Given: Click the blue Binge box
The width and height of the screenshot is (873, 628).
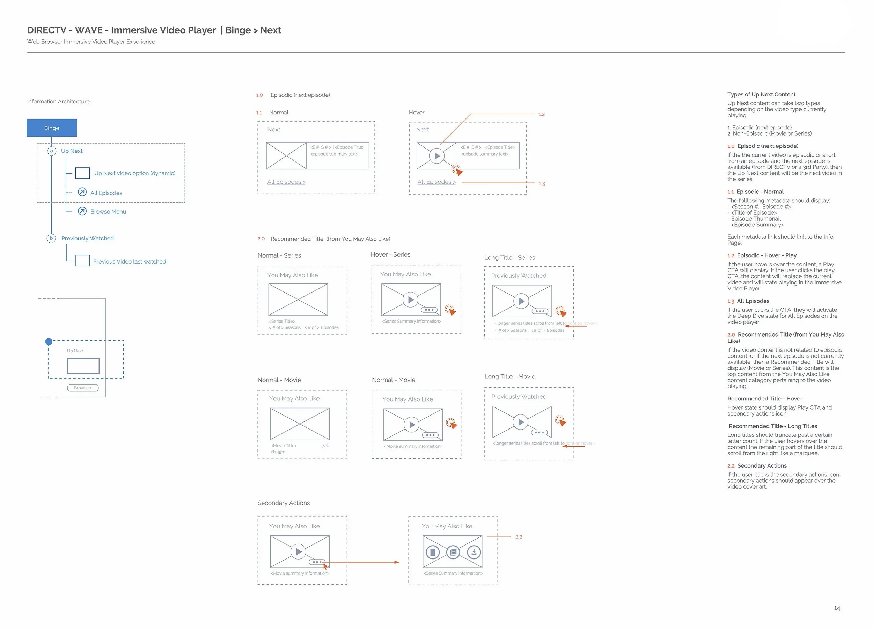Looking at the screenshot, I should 52,128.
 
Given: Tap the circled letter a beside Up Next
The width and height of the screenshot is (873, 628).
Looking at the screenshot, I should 51,151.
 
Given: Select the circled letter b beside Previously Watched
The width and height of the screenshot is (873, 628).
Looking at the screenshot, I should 51,238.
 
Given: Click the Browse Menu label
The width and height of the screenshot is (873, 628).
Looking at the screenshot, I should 108,211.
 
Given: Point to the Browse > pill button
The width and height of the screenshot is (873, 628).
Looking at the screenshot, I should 83,388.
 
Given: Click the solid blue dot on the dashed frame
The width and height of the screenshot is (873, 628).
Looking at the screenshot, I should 49,341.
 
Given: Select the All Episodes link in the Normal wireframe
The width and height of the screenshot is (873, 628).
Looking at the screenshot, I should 286,182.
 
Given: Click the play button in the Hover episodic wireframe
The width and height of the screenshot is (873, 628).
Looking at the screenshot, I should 437,156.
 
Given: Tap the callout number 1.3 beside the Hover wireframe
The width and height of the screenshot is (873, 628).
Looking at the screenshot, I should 542,183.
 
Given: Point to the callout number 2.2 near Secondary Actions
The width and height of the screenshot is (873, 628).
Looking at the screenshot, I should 519,537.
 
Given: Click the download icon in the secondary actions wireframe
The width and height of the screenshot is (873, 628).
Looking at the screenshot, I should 474,552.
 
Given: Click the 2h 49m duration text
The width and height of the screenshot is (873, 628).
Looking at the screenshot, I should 278,452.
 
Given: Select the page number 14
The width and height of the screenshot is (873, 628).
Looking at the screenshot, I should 837,608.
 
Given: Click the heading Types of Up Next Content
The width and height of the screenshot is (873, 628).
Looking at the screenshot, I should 761,94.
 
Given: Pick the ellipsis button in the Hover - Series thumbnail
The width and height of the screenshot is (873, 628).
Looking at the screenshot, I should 429,310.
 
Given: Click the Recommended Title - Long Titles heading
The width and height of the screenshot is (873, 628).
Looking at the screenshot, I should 772,426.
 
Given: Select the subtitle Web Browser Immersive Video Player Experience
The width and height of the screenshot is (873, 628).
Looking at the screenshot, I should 91,42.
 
